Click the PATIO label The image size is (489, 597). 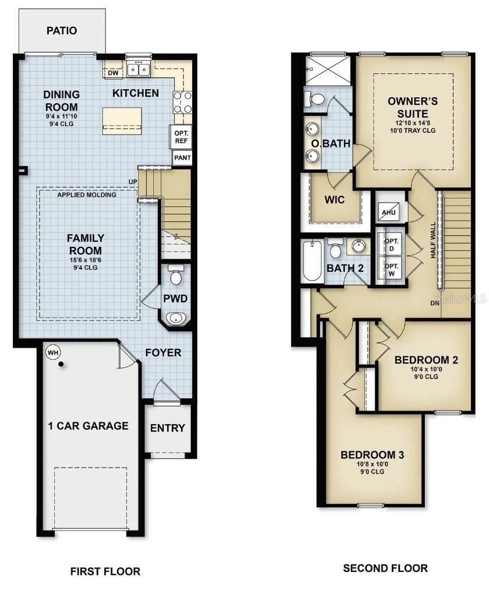[x=62, y=31]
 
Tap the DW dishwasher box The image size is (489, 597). [x=113, y=73]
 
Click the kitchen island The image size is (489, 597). [x=122, y=120]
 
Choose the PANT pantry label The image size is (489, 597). [x=182, y=158]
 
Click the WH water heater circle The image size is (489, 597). [x=53, y=352]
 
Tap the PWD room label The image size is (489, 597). [x=175, y=298]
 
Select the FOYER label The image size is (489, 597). [x=163, y=352]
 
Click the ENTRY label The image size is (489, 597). [x=168, y=428]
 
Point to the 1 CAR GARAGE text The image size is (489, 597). [x=88, y=426]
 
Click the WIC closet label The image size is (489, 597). [x=335, y=200]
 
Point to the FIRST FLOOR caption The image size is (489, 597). [x=105, y=571]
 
